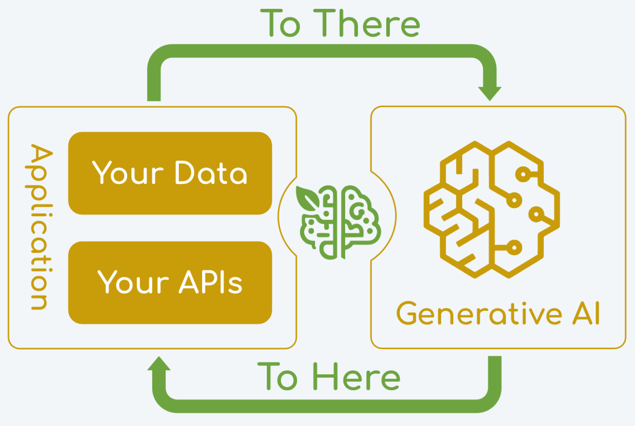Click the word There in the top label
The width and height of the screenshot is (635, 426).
point(367,24)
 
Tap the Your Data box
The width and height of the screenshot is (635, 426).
point(170,173)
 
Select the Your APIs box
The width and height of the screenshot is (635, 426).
point(170,283)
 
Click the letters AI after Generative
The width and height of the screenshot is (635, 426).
point(586,313)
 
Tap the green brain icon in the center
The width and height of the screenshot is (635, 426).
point(338,222)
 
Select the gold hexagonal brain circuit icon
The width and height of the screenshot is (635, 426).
point(492,209)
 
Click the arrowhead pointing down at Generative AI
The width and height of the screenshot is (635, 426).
point(490,93)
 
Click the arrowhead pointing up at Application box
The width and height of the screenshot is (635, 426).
point(159,363)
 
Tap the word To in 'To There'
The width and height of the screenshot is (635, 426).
point(280,24)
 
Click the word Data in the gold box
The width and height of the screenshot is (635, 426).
point(211,173)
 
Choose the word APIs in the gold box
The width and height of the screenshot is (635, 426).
point(210,281)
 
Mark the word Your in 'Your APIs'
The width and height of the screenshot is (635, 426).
point(133,282)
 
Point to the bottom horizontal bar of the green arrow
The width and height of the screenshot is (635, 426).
point(327,406)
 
